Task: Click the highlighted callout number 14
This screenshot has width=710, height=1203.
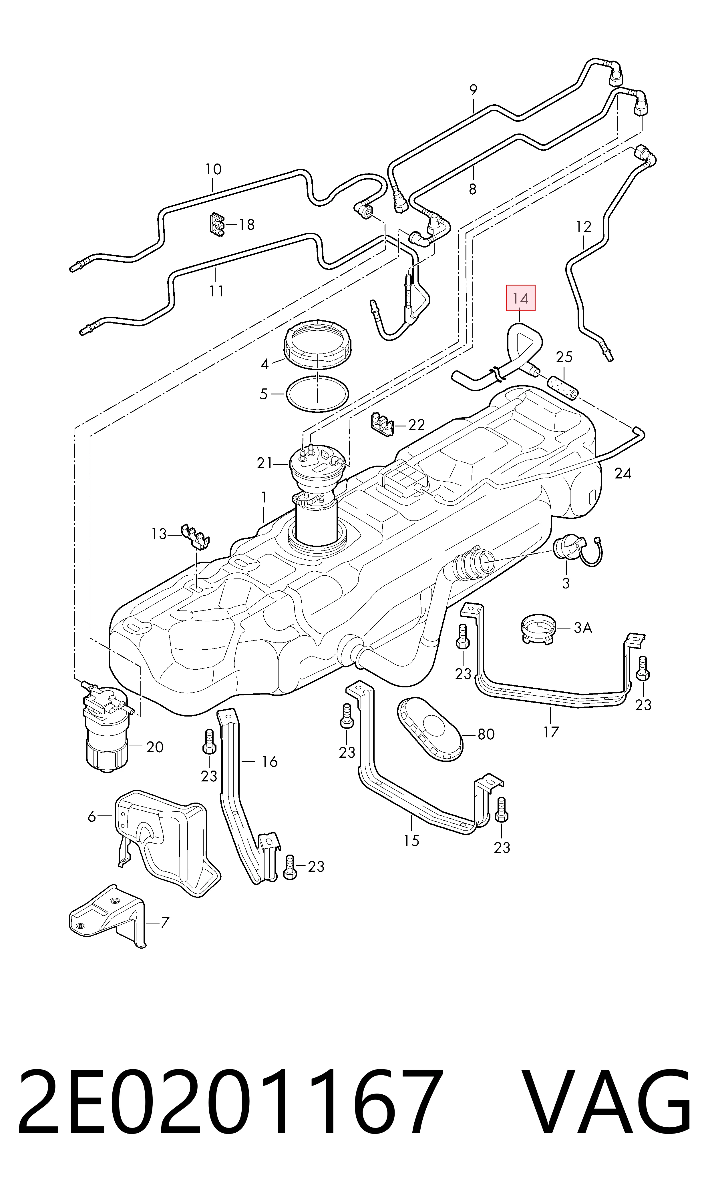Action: click(520, 298)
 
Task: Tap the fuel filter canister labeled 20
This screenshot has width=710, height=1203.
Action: click(106, 730)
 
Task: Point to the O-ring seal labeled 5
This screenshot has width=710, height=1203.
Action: click(317, 394)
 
